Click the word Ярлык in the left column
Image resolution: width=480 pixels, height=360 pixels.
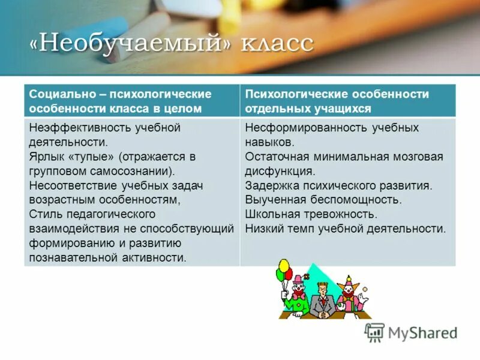click(x=46, y=157)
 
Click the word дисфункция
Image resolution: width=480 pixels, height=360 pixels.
click(x=279, y=171)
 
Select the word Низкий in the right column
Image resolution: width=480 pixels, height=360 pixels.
click(x=263, y=229)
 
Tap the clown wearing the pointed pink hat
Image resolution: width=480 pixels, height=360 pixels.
click(x=348, y=294)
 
